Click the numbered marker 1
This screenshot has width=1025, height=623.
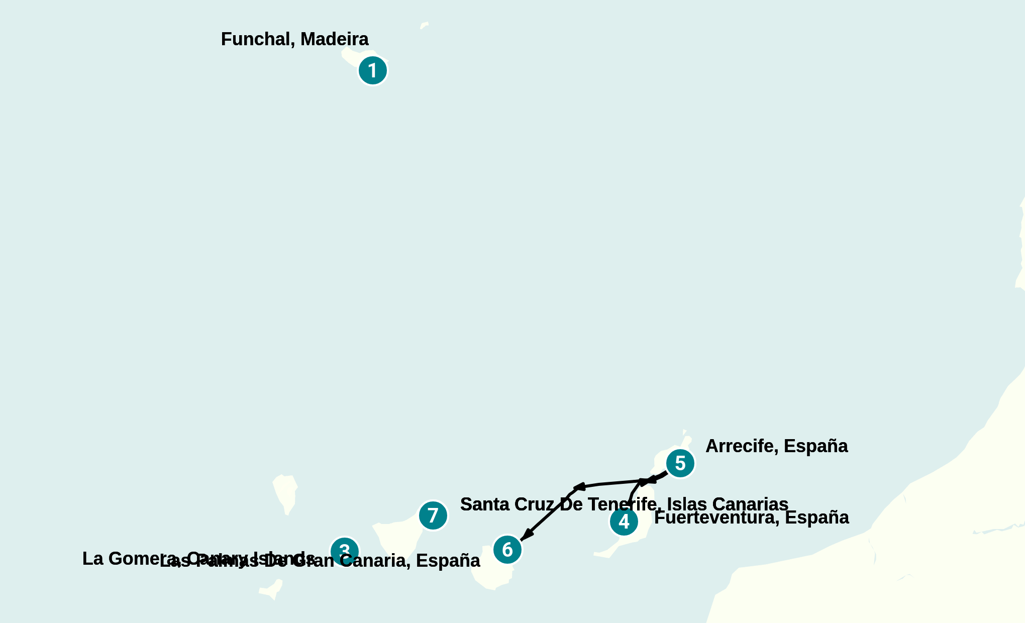coord(372,70)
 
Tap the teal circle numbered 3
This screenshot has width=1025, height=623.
coord(345,551)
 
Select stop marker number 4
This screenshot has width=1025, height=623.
coord(624,522)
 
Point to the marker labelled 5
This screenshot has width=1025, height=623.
coord(680,463)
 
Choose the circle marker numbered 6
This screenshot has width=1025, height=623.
coord(507,550)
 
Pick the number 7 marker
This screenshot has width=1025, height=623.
coord(433,515)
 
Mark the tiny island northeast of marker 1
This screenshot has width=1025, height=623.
coord(425,25)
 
